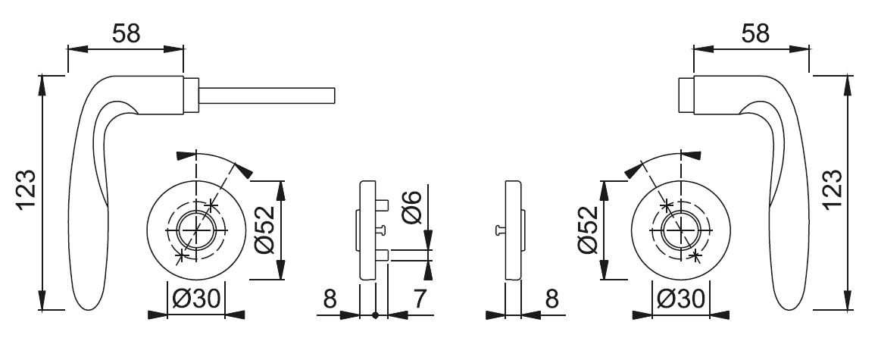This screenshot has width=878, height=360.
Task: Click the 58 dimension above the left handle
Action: pyautogui.click(x=126, y=33)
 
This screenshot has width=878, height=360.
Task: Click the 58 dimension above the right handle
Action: pyautogui.click(x=755, y=33)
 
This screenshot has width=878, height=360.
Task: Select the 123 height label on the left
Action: pyautogui.click(x=27, y=189)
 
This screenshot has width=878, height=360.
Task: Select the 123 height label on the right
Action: pyautogui.click(x=833, y=189)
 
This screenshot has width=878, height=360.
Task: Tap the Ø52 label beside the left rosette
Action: pyautogui.click(x=265, y=230)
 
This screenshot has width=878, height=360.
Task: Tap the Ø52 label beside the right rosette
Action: pyautogui.click(x=588, y=230)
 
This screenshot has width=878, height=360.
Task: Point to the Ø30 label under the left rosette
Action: pyautogui.click(x=197, y=300)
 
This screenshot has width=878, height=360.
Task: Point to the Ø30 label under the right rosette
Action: pyautogui.click(x=681, y=300)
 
